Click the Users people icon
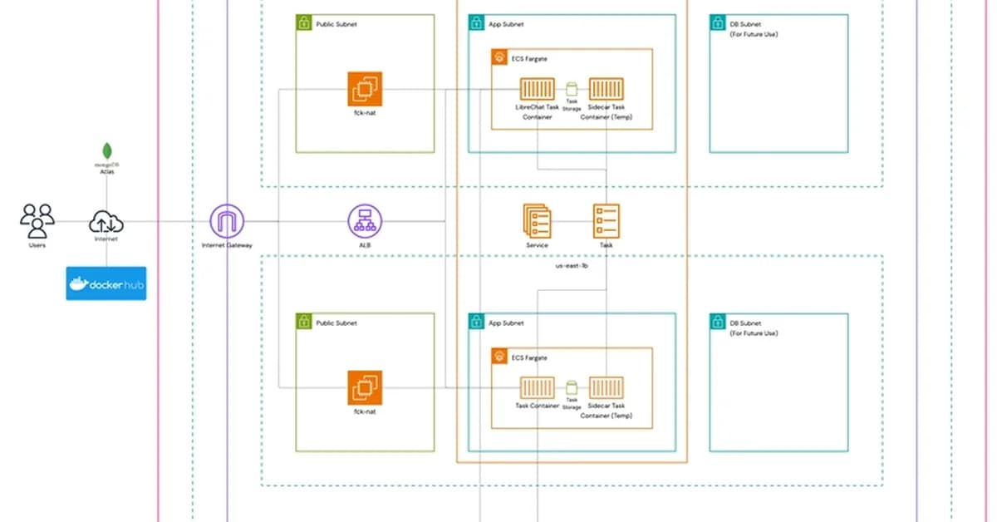tap(37, 221)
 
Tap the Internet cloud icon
tap(106, 222)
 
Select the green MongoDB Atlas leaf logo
tap(106, 151)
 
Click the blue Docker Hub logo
tap(106, 283)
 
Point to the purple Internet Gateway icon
tap(227, 221)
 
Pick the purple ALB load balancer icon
tap(364, 221)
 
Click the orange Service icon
tap(537, 221)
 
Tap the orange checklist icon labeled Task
tap(606, 221)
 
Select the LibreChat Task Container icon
tap(538, 89)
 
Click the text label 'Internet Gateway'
tap(227, 246)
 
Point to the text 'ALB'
tap(364, 246)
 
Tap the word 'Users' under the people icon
tap(37, 246)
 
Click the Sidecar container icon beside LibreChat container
tap(606, 89)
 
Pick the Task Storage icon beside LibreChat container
tap(572, 88)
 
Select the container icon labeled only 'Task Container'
tap(538, 387)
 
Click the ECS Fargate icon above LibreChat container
tap(499, 57)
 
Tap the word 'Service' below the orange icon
tap(537, 246)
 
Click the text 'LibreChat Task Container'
tap(538, 111)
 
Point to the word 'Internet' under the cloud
tap(106, 239)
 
